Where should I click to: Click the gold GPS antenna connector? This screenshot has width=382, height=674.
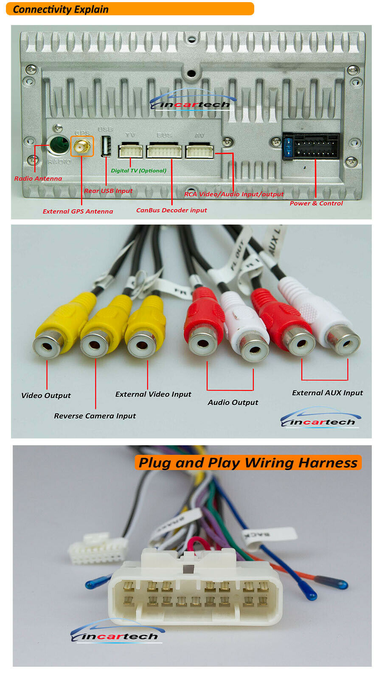click(81, 146)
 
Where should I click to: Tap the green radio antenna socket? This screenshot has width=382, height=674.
click(59, 145)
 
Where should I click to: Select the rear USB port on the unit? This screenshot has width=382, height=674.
click(106, 146)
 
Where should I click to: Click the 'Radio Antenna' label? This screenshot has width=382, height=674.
click(38, 179)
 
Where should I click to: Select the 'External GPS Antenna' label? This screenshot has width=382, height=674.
click(78, 211)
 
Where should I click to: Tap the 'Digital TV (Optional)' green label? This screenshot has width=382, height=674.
click(138, 171)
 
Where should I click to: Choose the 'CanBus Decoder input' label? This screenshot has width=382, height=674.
click(171, 210)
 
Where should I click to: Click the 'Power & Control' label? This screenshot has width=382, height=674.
click(316, 203)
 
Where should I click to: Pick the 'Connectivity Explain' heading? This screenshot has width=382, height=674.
click(61, 9)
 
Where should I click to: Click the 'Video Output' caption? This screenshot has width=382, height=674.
click(46, 396)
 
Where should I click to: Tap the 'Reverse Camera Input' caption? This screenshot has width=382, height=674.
click(95, 416)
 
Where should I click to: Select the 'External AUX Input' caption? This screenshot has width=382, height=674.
click(327, 393)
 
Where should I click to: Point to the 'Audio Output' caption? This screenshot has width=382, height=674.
click(233, 402)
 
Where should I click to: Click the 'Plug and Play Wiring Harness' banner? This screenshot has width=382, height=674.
click(248, 463)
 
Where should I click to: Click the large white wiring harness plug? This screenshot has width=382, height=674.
click(195, 590)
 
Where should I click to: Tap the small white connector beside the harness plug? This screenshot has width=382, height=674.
click(98, 550)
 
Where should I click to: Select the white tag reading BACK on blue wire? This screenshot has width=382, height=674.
click(268, 534)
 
